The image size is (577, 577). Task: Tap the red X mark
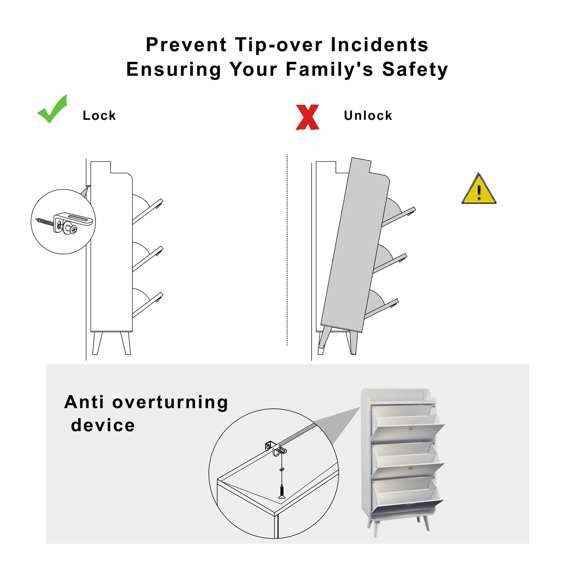[x=307, y=117]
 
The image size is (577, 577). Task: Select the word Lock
[x=99, y=115]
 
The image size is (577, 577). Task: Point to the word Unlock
[x=368, y=115]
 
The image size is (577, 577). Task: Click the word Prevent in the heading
[x=186, y=45]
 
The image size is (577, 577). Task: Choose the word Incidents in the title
[x=380, y=45]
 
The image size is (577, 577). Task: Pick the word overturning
[x=170, y=402]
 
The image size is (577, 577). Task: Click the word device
[x=103, y=425]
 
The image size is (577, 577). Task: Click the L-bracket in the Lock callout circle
[x=73, y=223]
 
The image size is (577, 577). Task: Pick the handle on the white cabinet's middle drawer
[x=411, y=468]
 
